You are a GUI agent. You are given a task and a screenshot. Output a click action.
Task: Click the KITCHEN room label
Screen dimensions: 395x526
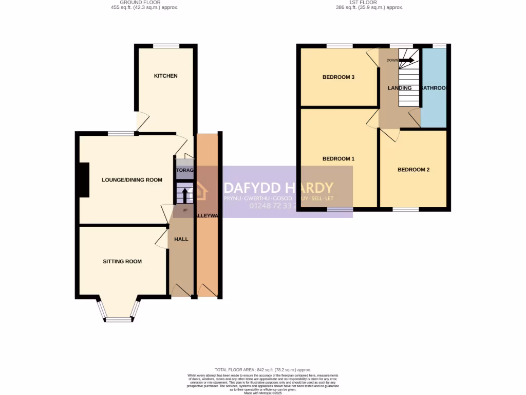click(x=165, y=76)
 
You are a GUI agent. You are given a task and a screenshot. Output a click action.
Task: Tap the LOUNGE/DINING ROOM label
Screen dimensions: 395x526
click(x=132, y=180)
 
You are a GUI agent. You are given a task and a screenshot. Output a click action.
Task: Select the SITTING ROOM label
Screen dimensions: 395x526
click(x=122, y=262)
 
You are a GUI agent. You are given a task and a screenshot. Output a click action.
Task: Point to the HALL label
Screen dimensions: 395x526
click(x=181, y=239)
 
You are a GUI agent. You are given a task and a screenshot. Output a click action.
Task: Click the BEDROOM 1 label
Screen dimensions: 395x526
click(x=338, y=159)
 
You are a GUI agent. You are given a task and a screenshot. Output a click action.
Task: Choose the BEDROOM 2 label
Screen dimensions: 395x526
click(x=414, y=170)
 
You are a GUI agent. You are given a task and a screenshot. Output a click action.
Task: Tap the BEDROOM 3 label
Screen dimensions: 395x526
click(x=339, y=78)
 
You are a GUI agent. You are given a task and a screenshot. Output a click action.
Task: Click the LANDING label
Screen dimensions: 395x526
click(x=399, y=88)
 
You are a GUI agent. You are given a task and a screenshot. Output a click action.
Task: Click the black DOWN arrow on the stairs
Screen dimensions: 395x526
click(x=406, y=60)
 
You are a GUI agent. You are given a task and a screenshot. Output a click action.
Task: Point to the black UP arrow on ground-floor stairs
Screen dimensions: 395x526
click(x=185, y=195)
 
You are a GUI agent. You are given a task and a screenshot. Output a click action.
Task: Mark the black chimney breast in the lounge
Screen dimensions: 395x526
click(x=84, y=180)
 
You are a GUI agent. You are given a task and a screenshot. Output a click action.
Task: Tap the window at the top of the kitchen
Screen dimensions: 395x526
click(x=165, y=46)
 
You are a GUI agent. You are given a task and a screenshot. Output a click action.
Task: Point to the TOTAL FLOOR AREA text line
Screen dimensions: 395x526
click(x=262, y=370)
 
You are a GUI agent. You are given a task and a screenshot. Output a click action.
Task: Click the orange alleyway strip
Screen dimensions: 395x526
click(x=208, y=247)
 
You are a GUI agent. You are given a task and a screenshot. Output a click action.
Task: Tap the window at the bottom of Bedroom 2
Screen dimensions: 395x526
click(x=406, y=209)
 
